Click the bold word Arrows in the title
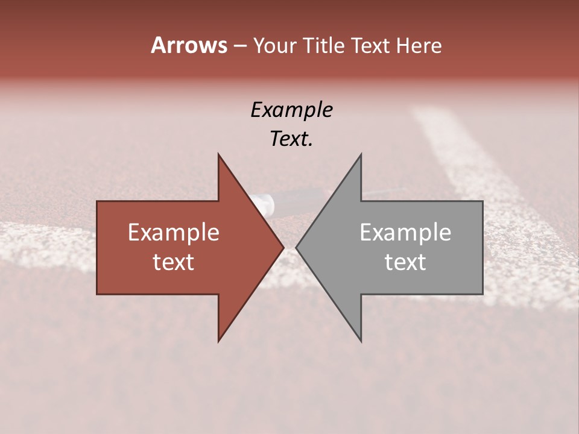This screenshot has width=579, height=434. pos(189,45)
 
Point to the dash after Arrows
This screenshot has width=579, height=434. pos(239,46)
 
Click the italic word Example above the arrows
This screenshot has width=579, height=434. pos(291,110)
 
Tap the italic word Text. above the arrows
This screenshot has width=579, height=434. pos(291,139)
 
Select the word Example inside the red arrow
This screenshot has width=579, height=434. pos(174,233)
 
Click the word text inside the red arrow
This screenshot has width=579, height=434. pos(174,262)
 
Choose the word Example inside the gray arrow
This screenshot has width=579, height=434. pos(405,233)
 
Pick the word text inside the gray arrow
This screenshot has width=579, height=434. pos(405,262)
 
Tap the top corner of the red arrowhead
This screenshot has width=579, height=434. pos(219,156)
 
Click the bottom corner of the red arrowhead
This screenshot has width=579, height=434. pos(219,340)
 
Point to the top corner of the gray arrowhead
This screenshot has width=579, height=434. pos(361,156)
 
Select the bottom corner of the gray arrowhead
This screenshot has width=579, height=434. pos(361,340)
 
